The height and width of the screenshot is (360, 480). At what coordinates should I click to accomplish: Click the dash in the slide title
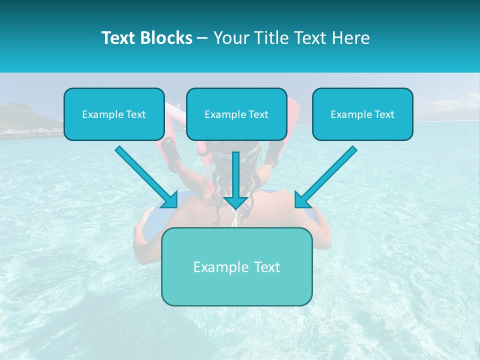click(x=202, y=38)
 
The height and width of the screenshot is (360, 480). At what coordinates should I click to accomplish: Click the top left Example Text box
click(x=114, y=114)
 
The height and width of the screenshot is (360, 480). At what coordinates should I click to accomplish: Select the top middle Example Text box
click(x=236, y=114)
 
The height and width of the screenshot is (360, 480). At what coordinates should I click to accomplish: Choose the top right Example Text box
click(x=362, y=114)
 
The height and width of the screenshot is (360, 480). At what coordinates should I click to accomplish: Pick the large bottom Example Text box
click(x=236, y=266)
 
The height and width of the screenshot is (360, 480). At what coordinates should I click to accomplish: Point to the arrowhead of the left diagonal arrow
click(x=170, y=200)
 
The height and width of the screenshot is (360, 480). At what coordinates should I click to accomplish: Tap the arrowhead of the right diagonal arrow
click(x=302, y=200)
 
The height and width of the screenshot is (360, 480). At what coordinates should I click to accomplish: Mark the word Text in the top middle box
click(x=258, y=114)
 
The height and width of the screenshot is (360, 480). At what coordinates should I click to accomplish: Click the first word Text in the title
click(x=119, y=38)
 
